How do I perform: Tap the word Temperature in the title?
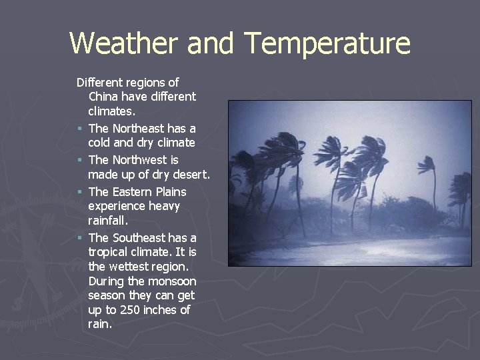click(x=327, y=43)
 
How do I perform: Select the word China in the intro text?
click(x=103, y=97)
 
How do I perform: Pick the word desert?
click(x=191, y=175)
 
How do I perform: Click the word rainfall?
click(x=108, y=220)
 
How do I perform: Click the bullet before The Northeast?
click(x=79, y=128)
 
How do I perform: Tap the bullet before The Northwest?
click(x=79, y=160)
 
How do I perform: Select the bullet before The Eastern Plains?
click(x=79, y=192)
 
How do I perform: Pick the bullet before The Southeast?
click(x=79, y=238)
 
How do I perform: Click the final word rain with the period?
click(x=101, y=325)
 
